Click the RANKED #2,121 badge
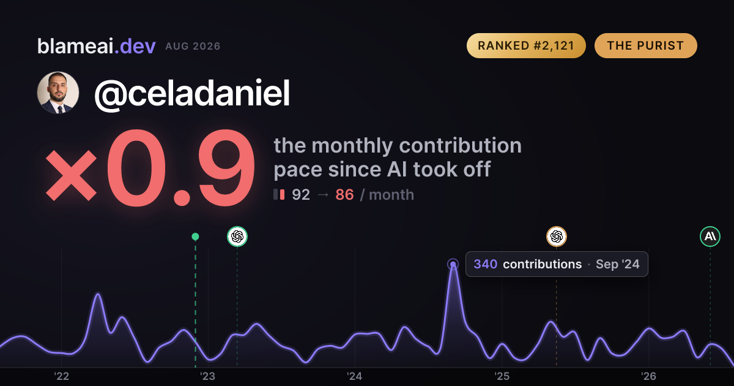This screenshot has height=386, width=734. (x=526, y=45)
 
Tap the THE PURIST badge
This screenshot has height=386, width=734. (x=645, y=45)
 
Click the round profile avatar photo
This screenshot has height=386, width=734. (x=58, y=93)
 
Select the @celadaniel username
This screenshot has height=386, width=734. (x=192, y=93)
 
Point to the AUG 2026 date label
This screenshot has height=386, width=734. (x=193, y=47)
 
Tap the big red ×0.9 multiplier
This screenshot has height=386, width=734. (x=150, y=167)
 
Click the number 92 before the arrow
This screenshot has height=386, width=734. (x=301, y=195)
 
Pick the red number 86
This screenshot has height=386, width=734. (x=344, y=195)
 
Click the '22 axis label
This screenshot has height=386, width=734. (x=61, y=376)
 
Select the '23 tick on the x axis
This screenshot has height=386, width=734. (x=208, y=376)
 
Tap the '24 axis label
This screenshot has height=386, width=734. (x=355, y=376)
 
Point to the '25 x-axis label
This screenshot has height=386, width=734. (x=502, y=376)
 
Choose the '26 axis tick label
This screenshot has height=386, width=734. (x=648, y=376)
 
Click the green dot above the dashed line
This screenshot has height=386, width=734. (x=195, y=237)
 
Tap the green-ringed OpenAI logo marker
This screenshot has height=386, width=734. (x=237, y=237)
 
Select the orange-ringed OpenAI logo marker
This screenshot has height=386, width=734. (x=557, y=237)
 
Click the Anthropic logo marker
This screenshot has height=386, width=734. (x=710, y=237)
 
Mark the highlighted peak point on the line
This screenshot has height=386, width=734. (x=453, y=264)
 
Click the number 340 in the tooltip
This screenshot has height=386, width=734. (x=485, y=264)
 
